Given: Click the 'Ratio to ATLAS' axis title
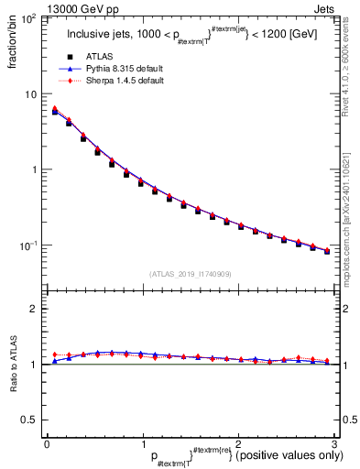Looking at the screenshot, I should [12, 366].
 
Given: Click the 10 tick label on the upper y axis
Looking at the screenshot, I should [30, 94].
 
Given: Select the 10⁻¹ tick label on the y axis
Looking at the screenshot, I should [27, 245].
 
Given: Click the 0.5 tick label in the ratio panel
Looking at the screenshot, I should [30, 420].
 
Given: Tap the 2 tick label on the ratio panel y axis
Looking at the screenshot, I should [34, 309].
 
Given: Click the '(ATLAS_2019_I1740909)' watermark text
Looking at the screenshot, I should [190, 274].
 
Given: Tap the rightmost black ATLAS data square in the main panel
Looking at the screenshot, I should [327, 251].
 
